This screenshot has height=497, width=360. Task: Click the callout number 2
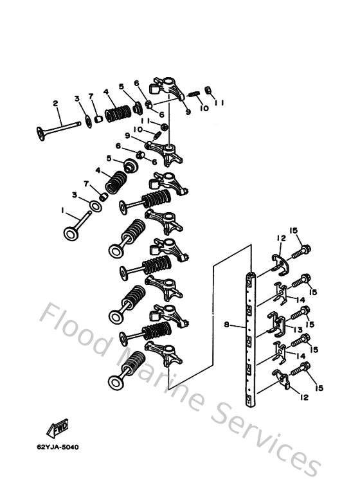pyautogui.click(x=55, y=103)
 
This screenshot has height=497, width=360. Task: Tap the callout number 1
pyautogui.click(x=63, y=210)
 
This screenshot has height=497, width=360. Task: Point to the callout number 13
pyautogui.click(x=297, y=330)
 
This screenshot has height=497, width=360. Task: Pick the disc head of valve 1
pyautogui.click(x=70, y=231)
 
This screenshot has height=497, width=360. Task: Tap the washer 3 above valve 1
pyautogui.click(x=94, y=206)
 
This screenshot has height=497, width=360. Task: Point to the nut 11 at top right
pyautogui.click(x=208, y=89)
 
